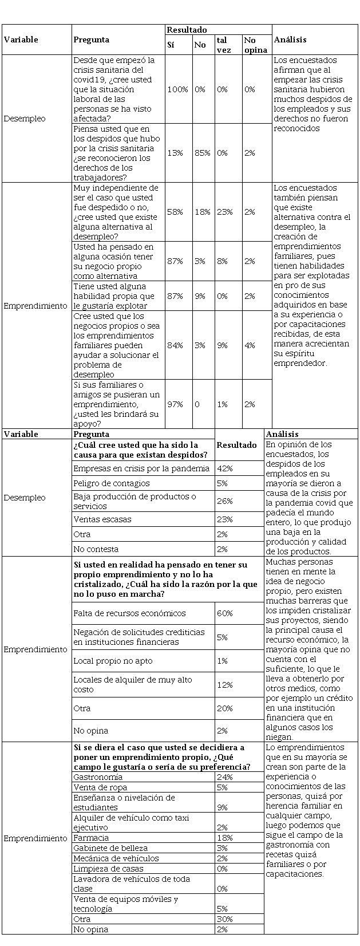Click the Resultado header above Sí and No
(x=187, y=30)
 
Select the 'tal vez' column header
(x=221, y=45)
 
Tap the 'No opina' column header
(x=255, y=45)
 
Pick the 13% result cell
(x=175, y=153)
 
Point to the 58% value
(x=175, y=212)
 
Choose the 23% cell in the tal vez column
(x=224, y=212)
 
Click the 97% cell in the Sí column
(x=175, y=404)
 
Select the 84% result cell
(x=175, y=345)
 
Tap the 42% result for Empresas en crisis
(x=225, y=468)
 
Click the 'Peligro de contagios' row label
(x=111, y=483)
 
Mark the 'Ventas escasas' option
(x=102, y=519)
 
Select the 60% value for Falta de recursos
(x=225, y=613)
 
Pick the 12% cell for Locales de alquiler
(x=225, y=685)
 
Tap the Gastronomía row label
(x=98, y=777)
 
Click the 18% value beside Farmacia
(x=225, y=838)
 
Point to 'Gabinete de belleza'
(x=110, y=848)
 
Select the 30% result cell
(x=225, y=919)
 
